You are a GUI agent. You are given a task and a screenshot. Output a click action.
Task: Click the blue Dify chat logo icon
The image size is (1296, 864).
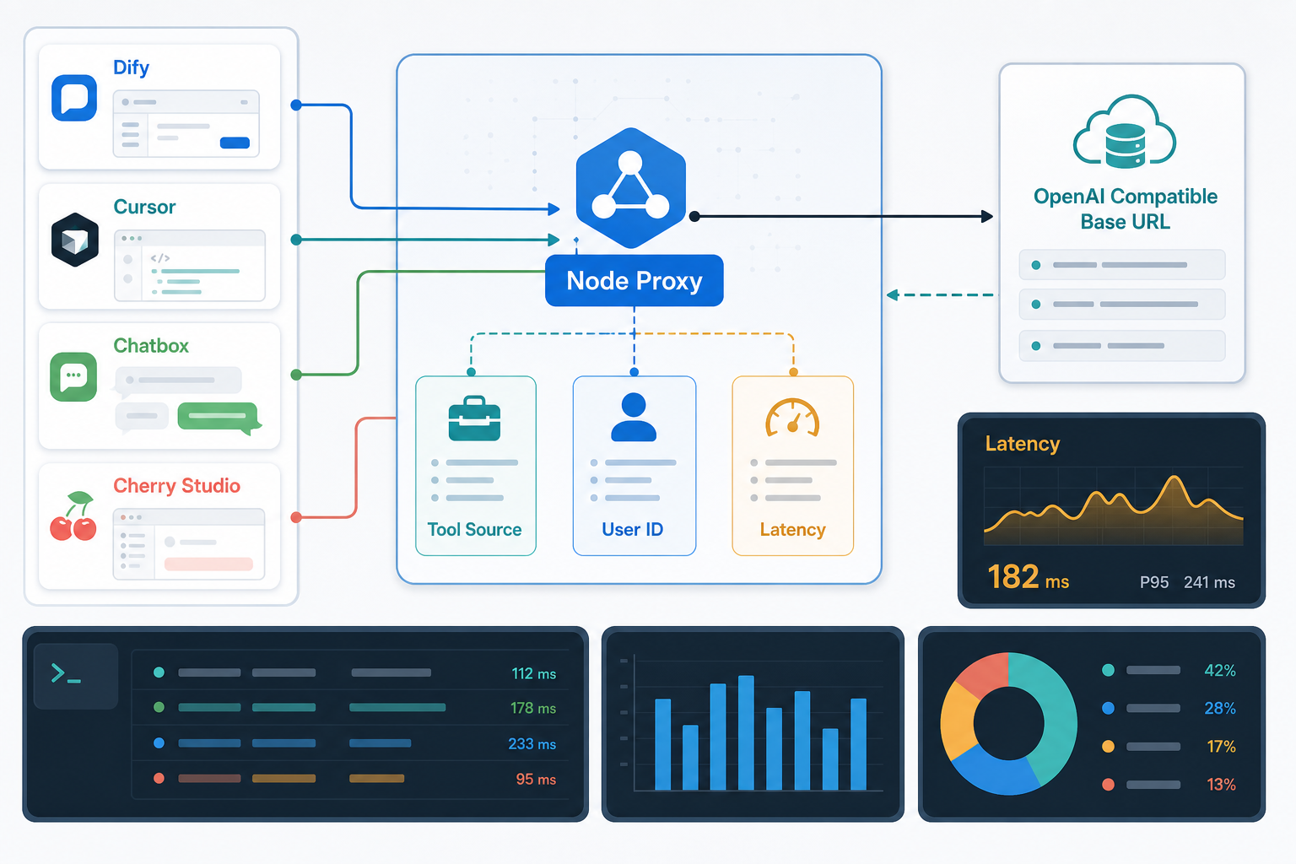[x=74, y=97]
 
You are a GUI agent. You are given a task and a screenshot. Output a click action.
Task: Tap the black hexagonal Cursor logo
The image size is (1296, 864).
[x=74, y=240]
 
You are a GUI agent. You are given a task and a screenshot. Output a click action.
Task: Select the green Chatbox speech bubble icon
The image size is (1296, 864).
[x=73, y=376]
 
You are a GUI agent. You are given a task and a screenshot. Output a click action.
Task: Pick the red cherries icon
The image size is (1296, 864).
[x=73, y=516]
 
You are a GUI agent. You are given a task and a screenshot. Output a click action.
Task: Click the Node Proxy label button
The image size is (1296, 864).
[x=634, y=281]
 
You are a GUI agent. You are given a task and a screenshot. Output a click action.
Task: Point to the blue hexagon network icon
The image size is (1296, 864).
[x=630, y=187]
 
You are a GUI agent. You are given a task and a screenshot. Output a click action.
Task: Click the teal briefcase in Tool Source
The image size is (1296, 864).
[x=474, y=418]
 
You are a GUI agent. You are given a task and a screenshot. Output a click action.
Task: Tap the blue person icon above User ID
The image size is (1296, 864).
[x=634, y=418]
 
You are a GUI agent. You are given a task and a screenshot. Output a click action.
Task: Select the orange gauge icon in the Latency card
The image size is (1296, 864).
[x=792, y=418]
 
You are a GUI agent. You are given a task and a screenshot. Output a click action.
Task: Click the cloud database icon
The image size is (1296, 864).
[x=1124, y=132]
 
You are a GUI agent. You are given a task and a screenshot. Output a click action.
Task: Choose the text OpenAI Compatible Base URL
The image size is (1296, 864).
[x=1126, y=209]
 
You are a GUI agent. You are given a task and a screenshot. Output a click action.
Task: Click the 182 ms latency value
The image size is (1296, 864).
[x=1029, y=577]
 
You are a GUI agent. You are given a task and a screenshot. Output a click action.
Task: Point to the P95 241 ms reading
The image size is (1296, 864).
[x=1187, y=582]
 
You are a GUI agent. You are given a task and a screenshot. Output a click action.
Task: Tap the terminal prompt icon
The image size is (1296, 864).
[x=66, y=673]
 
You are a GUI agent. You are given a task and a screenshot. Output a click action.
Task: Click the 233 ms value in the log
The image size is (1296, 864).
[x=532, y=743]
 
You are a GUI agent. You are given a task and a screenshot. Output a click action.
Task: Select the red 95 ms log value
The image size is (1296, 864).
[x=536, y=779]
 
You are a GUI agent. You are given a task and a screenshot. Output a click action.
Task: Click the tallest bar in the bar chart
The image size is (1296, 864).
[x=746, y=732]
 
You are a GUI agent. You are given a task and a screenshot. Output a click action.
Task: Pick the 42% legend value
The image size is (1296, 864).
[x=1219, y=670]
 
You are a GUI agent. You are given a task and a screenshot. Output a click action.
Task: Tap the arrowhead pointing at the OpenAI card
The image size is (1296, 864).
[x=987, y=217]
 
